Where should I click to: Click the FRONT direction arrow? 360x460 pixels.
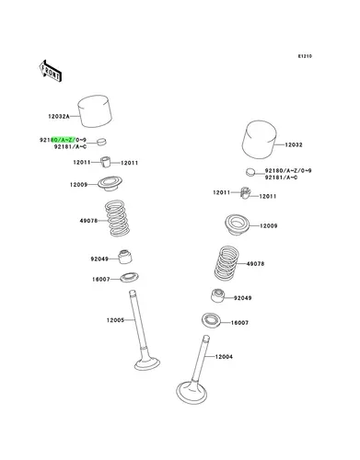[51, 71]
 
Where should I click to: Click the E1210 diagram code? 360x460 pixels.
[305, 56]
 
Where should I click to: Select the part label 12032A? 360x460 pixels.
[59, 117]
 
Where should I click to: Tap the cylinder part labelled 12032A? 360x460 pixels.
[95, 111]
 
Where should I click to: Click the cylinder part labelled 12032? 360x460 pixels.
[260, 140]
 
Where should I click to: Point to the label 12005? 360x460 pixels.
[115, 320]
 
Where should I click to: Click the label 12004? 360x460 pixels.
[224, 357]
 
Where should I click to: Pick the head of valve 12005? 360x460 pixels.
[147, 363]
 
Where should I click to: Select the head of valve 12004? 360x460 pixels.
[192, 393]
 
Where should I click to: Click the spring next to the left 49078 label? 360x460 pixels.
[117, 218]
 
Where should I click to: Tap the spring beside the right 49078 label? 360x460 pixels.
[226, 263]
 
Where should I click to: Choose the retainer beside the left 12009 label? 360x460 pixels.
[110, 184]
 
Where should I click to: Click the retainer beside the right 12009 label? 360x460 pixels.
[238, 225]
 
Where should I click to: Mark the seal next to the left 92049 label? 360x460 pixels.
[125, 257]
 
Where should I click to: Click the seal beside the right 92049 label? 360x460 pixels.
[217, 295]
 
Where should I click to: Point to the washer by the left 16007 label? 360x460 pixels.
[129, 278]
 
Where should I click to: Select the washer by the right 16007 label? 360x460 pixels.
[211, 320]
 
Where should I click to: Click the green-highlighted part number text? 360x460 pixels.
[64, 140]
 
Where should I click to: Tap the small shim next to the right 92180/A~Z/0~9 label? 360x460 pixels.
[250, 172]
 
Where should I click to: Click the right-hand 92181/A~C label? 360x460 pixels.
[281, 178]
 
